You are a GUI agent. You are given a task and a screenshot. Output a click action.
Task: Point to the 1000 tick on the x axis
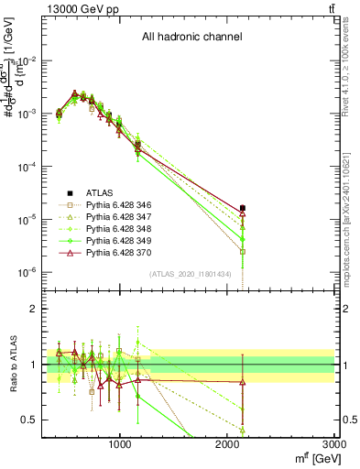tap(120, 443)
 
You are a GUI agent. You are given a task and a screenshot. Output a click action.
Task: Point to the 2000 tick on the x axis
tap(228, 443)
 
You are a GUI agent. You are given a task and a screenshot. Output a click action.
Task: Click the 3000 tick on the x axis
tap(335, 443)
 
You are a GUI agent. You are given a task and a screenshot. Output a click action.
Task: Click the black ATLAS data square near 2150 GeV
tap(243, 208)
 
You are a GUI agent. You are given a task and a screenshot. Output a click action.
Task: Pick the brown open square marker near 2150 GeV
tap(243, 251)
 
